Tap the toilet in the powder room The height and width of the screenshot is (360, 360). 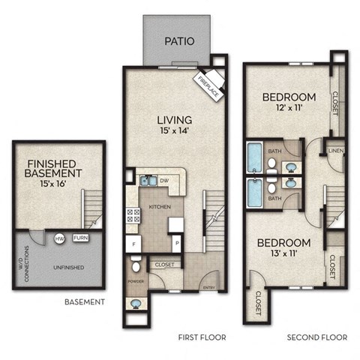coord(136,265)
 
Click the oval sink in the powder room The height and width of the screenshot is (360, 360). coord(136,304)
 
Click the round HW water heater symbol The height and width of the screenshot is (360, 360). coord(59,238)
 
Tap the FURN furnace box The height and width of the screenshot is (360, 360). coord(80,238)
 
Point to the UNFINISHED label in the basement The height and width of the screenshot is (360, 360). coord(67,267)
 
